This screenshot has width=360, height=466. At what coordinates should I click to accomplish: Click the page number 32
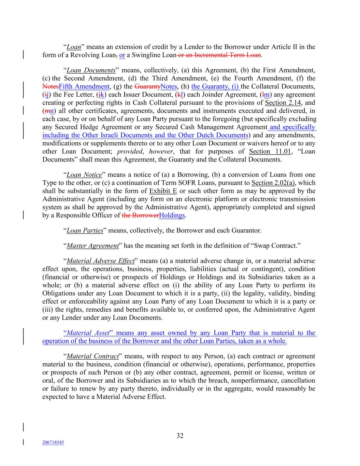click(180, 436)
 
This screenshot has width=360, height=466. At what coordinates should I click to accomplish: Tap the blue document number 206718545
click(53, 442)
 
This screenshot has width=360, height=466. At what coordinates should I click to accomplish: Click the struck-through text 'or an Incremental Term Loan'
click(219, 55)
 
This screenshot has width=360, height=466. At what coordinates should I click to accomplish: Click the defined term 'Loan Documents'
click(91, 70)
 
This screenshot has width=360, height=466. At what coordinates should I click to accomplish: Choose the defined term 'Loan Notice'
click(84, 175)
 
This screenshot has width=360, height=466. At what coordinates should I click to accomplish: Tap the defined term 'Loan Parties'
click(85, 230)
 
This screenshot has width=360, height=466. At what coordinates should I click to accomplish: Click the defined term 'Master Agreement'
click(92, 246)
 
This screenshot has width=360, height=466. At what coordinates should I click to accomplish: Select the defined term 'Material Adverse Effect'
click(101, 261)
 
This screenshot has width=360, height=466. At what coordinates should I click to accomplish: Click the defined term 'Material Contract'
click(92, 356)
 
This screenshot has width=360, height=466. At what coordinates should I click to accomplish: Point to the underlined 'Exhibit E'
click(163, 191)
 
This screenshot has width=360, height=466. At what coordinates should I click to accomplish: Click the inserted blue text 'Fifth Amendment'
click(84, 87)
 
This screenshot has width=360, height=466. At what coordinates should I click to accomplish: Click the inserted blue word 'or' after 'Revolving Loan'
click(122, 55)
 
